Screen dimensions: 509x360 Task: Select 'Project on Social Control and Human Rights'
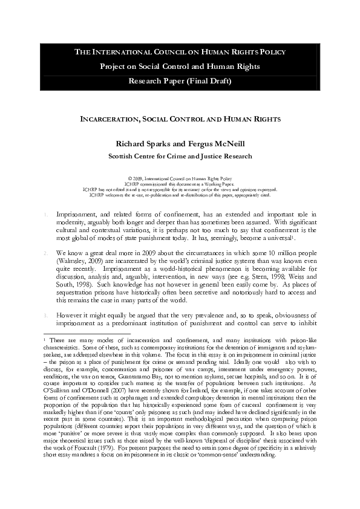point(180,66)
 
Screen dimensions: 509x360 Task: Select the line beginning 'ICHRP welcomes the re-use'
point(180,195)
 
